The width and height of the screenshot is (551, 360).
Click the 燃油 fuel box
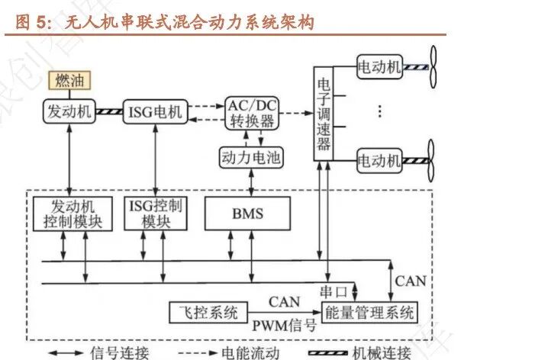(x=68, y=79)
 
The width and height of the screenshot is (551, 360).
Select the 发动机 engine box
(x=68, y=112)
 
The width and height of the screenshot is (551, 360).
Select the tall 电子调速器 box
(x=324, y=113)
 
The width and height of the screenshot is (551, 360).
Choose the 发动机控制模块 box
(x=72, y=214)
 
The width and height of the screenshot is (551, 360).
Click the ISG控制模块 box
(x=155, y=214)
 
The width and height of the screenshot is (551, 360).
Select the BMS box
(x=247, y=214)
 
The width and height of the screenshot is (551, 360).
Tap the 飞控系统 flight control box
(x=204, y=312)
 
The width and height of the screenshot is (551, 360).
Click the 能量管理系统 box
(x=370, y=312)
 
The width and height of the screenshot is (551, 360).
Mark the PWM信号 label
(x=284, y=326)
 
